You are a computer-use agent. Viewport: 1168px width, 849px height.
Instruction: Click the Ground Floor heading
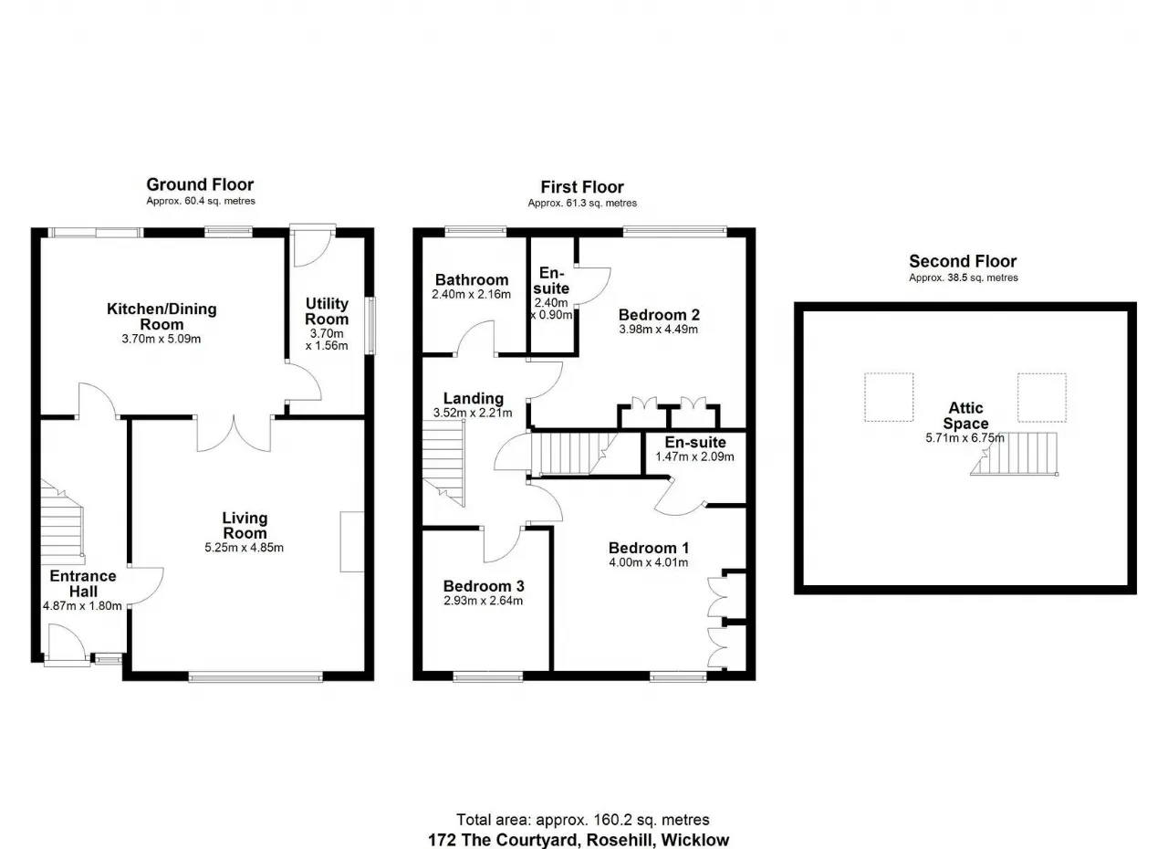coord(200,184)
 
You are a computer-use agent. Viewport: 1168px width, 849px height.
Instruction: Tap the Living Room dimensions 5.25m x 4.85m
coord(244,548)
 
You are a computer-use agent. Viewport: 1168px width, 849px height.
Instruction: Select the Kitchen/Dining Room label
coord(162,316)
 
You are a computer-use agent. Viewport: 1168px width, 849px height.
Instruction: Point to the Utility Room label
coord(327,311)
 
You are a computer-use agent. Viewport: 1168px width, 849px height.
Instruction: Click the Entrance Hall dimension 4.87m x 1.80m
coord(82,606)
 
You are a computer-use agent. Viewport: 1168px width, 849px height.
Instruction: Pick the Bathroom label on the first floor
coord(472,280)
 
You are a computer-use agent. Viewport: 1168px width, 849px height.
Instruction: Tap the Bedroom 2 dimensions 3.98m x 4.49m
coord(659,329)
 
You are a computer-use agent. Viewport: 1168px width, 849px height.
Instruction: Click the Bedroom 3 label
coord(484,586)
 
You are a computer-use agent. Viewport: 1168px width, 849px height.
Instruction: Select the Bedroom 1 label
coord(649,548)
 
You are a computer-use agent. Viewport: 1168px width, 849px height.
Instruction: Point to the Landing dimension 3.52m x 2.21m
coord(473,413)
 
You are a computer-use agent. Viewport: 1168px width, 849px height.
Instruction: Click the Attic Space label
coord(965,415)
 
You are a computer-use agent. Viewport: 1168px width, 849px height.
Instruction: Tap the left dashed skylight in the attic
coord(889,397)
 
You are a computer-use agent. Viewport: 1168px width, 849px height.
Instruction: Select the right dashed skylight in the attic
coord(1042,397)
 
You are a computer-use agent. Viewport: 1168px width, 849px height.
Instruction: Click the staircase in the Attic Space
coord(1014,454)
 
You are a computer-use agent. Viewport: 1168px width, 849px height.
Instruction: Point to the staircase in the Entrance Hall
coord(62,518)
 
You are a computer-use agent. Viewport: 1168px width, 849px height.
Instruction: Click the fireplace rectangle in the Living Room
coord(352,542)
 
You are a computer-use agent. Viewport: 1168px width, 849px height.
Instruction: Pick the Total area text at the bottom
coord(583,820)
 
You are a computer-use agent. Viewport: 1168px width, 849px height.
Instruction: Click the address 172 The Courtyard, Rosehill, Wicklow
coord(579,840)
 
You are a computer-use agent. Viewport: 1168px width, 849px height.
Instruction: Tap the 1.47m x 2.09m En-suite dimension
coord(694,456)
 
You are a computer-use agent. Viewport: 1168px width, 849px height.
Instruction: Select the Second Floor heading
coord(963,261)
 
